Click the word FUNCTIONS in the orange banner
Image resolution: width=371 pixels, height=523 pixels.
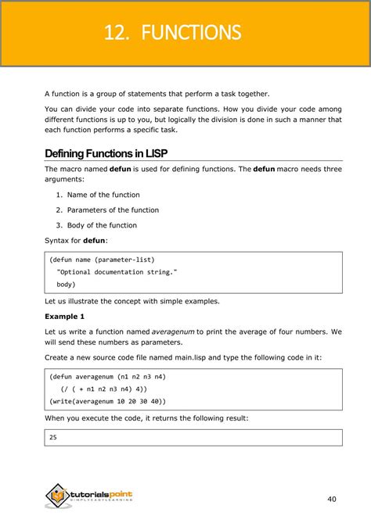192,33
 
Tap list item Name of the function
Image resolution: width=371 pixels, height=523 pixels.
103,195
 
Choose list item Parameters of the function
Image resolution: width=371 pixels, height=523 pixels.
113,210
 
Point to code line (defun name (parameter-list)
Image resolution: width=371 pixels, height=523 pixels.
102,260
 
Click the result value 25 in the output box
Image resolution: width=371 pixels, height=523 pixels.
53,438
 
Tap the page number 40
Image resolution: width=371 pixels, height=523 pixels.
333,498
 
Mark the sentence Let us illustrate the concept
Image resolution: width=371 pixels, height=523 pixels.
131,301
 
